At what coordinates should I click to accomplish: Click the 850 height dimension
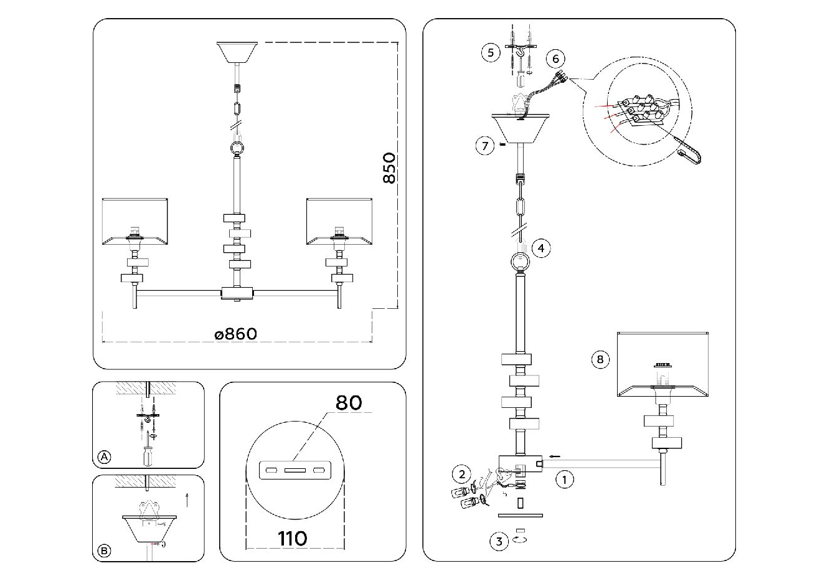pyautogui.click(x=389, y=168)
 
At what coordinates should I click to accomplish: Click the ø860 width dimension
pyautogui.click(x=235, y=334)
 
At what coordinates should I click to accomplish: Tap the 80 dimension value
pyautogui.click(x=349, y=402)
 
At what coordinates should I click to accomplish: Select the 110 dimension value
pyautogui.click(x=293, y=538)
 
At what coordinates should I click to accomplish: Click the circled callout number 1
pyautogui.click(x=564, y=480)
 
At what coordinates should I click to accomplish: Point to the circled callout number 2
pyautogui.click(x=461, y=474)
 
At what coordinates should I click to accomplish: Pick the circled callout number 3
pyautogui.click(x=499, y=541)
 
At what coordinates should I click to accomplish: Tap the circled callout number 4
pyautogui.click(x=541, y=248)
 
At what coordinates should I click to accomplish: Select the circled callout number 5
pyautogui.click(x=491, y=52)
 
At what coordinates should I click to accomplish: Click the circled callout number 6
pyautogui.click(x=555, y=59)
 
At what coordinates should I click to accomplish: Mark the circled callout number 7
pyautogui.click(x=485, y=146)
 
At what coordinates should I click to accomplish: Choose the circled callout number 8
pyautogui.click(x=600, y=359)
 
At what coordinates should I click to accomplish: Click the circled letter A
pyautogui.click(x=104, y=458)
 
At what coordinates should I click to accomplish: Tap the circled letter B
pyautogui.click(x=104, y=551)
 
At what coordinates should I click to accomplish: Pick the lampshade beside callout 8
pyautogui.click(x=664, y=365)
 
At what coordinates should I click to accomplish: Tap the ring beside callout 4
pyautogui.click(x=521, y=261)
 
